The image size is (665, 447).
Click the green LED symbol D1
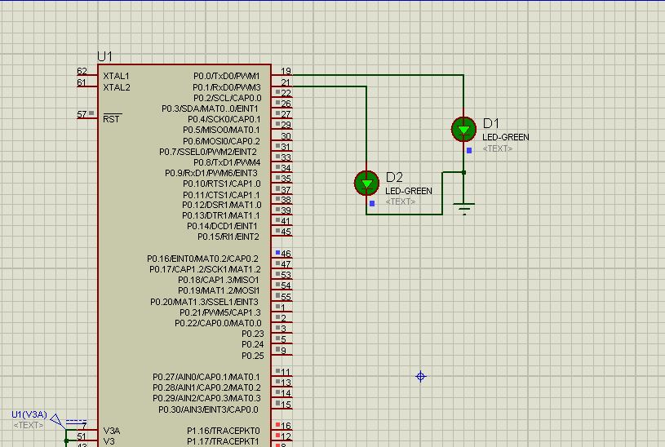coord(463,129)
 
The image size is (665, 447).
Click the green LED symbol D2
coord(366,183)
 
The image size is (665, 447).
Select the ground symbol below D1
coord(464,208)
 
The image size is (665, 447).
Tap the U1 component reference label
coord(104,56)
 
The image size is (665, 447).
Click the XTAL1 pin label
coord(116,76)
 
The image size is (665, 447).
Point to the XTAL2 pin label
coord(116,87)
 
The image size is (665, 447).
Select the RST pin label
coord(112,119)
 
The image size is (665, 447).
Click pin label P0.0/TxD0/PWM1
coord(226,76)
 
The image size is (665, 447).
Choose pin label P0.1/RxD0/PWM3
coord(226,87)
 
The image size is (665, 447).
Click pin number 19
coord(286,72)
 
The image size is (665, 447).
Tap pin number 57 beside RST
coord(82,114)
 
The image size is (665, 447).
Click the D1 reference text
coord(490,123)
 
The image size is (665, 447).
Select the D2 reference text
coord(394,177)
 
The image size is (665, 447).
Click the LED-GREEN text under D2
coord(408,191)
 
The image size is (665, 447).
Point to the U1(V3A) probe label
coord(29,414)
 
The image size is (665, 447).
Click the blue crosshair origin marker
coord(421,376)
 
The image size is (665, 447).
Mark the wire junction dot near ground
coord(463,172)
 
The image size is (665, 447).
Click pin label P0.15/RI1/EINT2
coord(228,237)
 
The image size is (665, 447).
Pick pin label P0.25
coord(252,356)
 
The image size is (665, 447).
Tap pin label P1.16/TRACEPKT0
coord(222,430)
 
